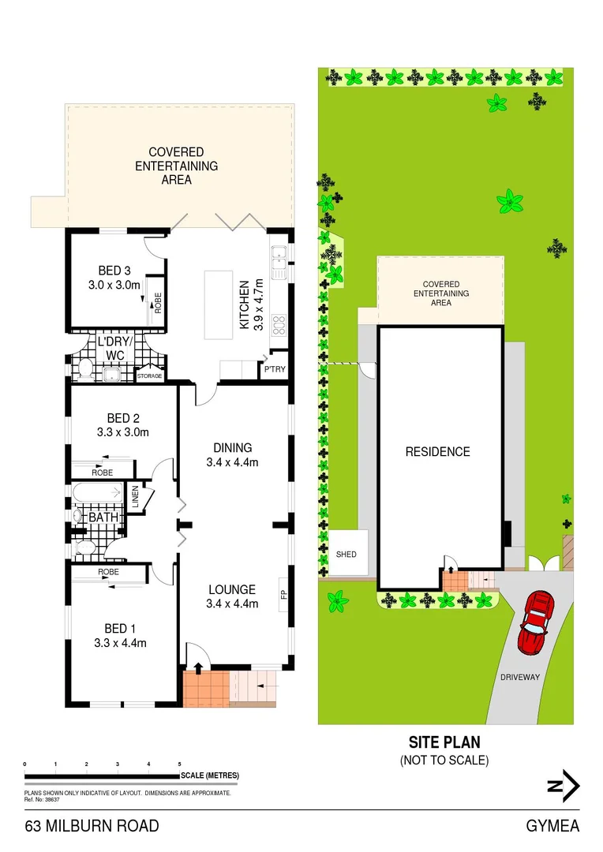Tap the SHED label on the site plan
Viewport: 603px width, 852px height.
346,555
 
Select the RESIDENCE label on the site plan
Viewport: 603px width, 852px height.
437,452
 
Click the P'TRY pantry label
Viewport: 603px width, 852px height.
274,369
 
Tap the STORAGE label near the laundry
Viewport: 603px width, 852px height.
150,376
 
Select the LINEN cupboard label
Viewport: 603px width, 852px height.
136,497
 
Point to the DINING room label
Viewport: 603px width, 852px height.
232,447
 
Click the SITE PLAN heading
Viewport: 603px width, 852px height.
444,742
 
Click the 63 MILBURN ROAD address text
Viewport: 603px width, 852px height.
92,827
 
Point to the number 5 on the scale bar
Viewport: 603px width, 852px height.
180,764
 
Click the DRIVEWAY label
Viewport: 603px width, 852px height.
519,677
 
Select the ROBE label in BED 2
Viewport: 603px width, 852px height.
102,473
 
